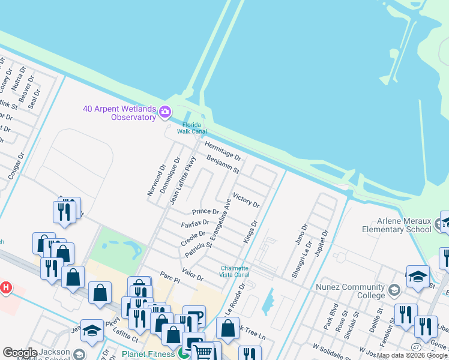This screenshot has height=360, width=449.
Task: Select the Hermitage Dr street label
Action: [222, 151]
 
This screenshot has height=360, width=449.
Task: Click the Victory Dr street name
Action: [246, 200]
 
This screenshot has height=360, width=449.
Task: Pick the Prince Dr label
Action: [205, 212]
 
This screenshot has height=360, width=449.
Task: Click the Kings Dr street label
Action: [250, 232]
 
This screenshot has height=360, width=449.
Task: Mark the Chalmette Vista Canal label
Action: [235, 271]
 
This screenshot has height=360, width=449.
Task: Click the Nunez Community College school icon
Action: [394, 291]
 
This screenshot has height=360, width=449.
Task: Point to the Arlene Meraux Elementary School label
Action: [397, 225]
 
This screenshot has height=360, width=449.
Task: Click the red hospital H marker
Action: [5, 288]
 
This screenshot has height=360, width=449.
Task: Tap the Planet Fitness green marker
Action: [181, 354]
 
